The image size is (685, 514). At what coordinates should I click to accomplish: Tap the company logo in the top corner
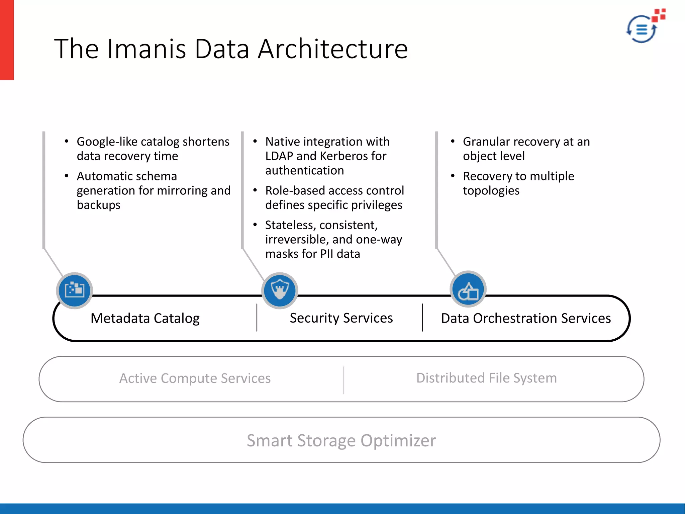(645, 27)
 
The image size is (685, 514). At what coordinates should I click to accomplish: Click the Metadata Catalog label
(145, 318)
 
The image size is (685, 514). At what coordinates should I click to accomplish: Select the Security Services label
(341, 318)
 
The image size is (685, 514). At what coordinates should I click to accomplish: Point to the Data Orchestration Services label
(526, 318)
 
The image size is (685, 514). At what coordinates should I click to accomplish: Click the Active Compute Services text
(195, 378)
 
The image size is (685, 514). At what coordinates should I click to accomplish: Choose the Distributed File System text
(486, 378)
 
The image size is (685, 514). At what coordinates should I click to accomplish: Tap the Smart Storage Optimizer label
(341, 440)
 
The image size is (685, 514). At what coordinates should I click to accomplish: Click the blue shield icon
(280, 290)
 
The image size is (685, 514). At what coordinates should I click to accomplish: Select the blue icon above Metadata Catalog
(74, 290)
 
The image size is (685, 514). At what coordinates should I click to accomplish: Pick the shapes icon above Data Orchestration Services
(468, 289)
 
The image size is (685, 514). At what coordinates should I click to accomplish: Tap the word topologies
(491, 191)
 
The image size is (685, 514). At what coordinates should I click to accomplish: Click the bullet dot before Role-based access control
(255, 190)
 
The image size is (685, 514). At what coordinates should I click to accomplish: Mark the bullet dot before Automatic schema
(67, 176)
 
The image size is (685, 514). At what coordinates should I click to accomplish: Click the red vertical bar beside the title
(7, 40)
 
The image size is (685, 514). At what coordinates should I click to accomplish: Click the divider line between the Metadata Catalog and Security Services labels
(257, 318)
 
